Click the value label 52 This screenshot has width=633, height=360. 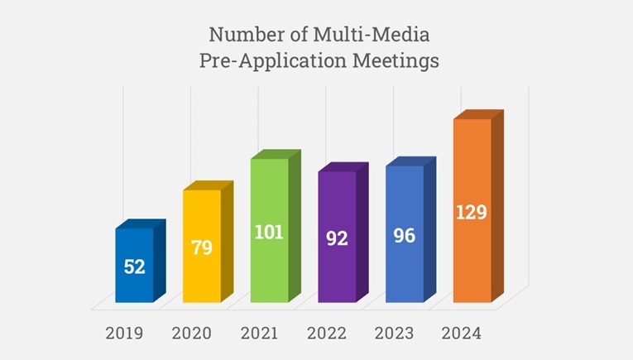pos(134,267)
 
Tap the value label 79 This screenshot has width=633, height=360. pos(202,247)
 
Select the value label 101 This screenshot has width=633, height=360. pos(270,232)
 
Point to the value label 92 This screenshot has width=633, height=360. pos(337,238)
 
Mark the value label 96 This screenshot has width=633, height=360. pos(405,235)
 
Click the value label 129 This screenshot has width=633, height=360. pos(472,212)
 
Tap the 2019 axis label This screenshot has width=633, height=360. pos(124,334)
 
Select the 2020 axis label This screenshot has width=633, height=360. pos(192,334)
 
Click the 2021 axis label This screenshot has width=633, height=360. pos(260,334)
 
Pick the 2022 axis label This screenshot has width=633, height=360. pos(327,334)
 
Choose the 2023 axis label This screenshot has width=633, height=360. pos(395,334)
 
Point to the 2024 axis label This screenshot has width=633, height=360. pos(462,334)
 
